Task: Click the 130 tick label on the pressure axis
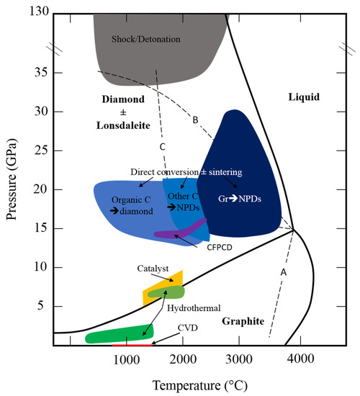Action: [x=36, y=13]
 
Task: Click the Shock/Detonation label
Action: [x=146, y=38]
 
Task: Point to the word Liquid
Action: [x=302, y=97]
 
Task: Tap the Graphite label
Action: [x=241, y=321]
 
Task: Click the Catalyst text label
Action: [x=152, y=268]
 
